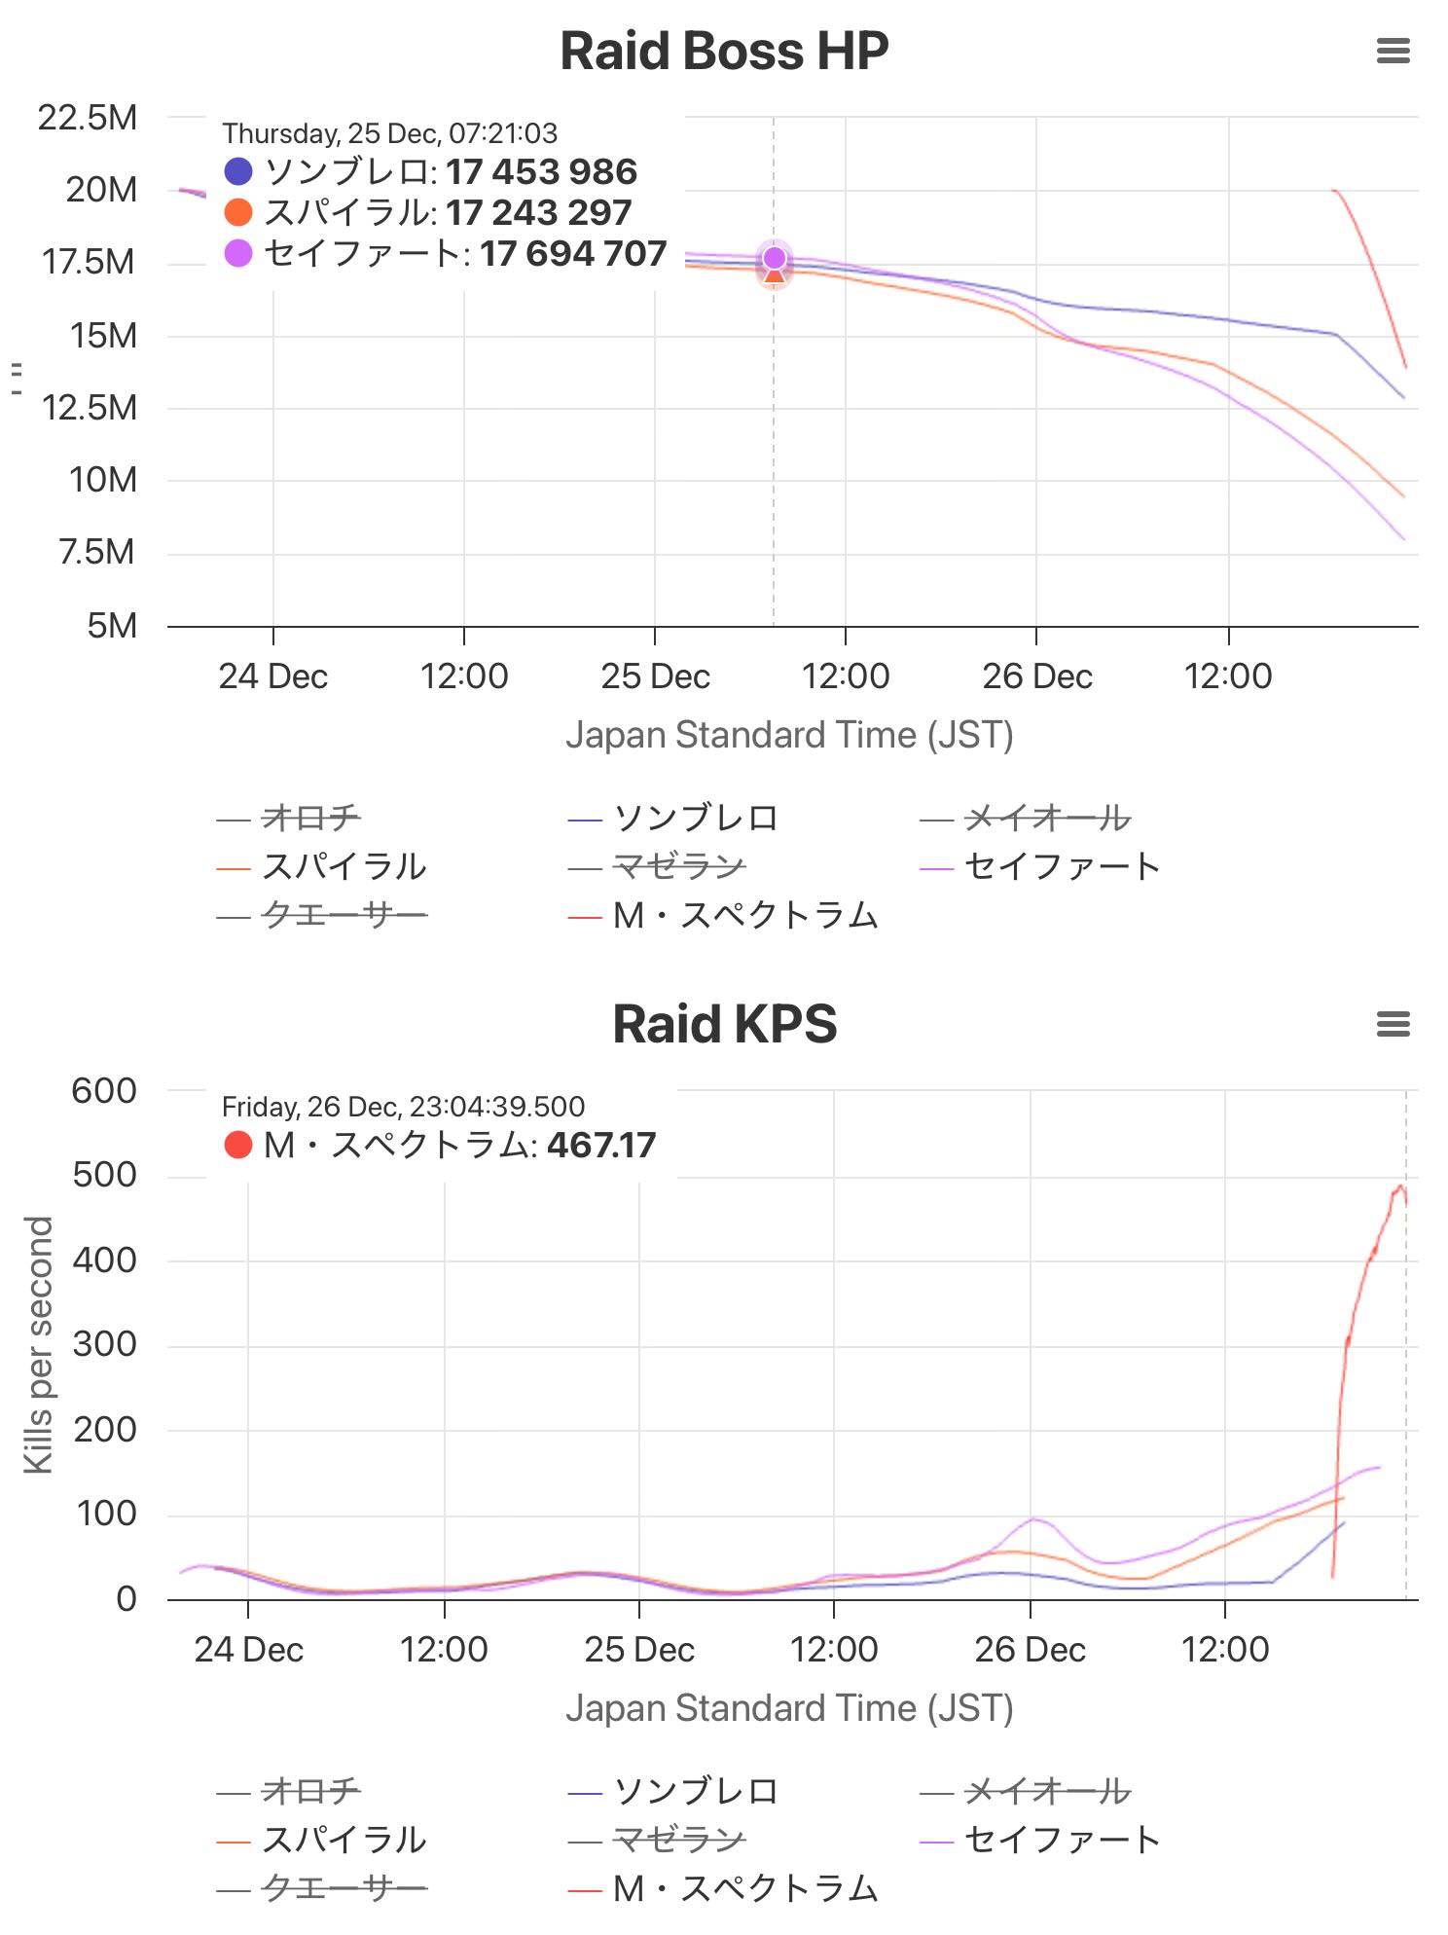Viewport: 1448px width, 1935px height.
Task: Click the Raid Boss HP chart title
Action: point(724,52)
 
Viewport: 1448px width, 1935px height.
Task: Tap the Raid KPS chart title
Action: point(724,1024)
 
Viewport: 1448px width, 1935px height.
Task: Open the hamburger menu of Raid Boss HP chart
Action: point(1393,52)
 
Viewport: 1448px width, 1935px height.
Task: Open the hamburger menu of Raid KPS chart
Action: point(1393,1024)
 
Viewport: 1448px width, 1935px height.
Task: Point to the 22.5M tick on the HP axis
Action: point(88,118)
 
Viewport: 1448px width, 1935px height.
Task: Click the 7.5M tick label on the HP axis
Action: point(97,552)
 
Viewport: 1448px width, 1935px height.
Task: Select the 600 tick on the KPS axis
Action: point(104,1091)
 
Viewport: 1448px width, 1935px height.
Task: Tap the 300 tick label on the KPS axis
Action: point(104,1344)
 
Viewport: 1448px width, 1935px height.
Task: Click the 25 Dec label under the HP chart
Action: point(655,675)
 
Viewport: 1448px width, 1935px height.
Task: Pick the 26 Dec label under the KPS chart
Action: point(1030,1649)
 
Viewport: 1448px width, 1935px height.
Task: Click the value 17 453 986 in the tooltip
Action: point(541,172)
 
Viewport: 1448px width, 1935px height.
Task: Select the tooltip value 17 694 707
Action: point(573,254)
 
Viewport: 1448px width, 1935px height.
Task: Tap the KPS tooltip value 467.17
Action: point(601,1146)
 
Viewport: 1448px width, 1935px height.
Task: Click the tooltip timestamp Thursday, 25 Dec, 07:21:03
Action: point(389,133)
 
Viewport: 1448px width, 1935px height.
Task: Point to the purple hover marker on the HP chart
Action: point(775,258)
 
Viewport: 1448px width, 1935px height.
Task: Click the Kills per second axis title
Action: point(38,1344)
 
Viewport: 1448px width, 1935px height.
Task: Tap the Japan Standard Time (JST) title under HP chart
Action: point(789,735)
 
